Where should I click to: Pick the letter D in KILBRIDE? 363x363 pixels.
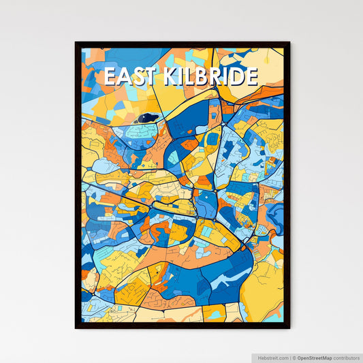[236, 77]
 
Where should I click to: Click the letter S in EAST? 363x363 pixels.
[135, 77]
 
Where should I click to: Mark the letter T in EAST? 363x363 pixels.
[148, 77]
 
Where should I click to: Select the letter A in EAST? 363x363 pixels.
[121, 77]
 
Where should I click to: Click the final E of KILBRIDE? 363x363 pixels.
[251, 77]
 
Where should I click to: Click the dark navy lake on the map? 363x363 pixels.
[148, 118]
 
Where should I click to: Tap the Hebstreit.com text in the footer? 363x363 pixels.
[272, 357]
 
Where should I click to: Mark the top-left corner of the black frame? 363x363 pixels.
[76, 43]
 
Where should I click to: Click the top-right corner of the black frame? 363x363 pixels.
[289, 43]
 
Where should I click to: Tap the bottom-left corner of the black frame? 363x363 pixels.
[76, 328]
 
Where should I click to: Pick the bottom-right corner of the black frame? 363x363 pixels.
[289, 328]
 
